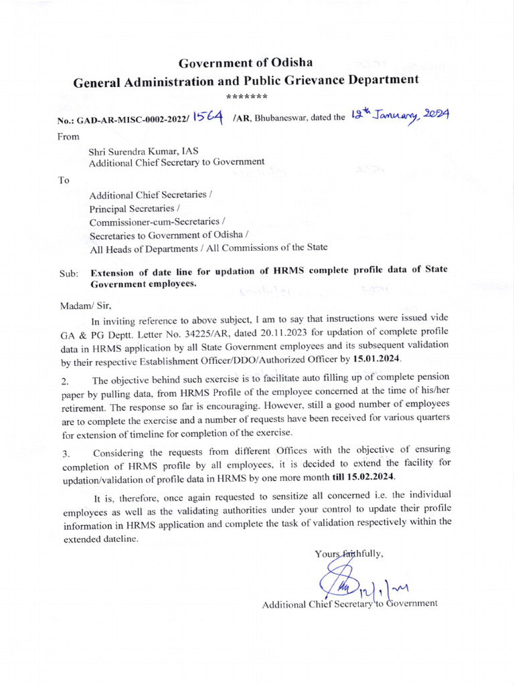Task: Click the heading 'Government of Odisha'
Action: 246,64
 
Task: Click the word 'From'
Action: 69,136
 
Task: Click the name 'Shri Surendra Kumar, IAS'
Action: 143,151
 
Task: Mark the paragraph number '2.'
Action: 65,381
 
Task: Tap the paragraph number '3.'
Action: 65,454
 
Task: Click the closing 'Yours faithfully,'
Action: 348,553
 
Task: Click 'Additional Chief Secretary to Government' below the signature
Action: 349,604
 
